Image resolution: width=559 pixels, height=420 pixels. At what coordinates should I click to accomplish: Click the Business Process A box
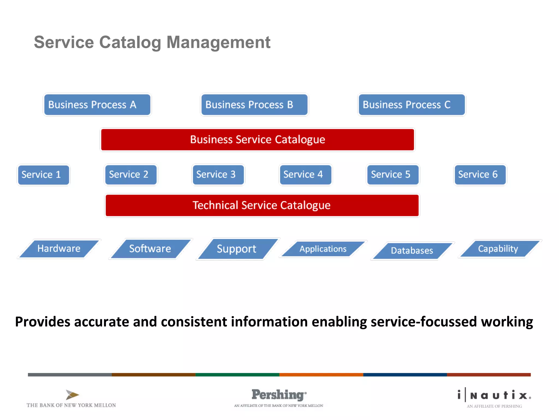97,105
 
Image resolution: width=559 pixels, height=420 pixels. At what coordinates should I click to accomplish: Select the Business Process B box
254,105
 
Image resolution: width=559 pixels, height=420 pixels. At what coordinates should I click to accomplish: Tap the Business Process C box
412,105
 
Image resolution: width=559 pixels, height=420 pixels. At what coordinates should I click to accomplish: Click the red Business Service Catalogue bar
257,139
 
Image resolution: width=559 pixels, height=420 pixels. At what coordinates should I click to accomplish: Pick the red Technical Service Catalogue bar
262,205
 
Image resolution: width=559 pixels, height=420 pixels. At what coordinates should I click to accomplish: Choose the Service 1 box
43,175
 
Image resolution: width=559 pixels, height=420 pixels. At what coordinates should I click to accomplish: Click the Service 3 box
218,174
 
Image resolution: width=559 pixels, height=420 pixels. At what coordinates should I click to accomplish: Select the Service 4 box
305,174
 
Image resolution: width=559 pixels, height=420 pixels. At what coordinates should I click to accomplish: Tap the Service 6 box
480,174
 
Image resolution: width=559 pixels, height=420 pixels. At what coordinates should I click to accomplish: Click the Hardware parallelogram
59,249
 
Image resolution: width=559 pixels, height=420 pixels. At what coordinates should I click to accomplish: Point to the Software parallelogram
150,249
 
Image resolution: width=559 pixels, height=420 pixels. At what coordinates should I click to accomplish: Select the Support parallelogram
237,249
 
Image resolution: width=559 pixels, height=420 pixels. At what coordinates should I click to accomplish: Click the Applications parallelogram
323,249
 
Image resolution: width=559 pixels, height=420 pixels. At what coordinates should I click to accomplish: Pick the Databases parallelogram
412,250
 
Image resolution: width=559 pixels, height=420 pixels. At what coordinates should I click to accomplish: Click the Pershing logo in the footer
278,395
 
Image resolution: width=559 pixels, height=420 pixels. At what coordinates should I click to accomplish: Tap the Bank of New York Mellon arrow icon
72,395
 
